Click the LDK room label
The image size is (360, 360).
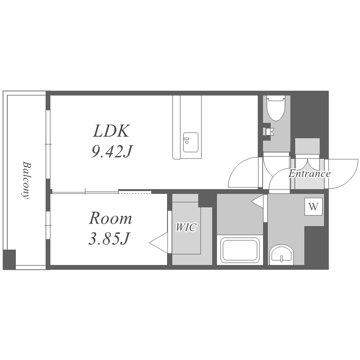pyautogui.click(x=111, y=131)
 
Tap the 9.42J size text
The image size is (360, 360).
pyautogui.click(x=111, y=151)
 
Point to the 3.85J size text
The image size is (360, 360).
pyautogui.click(x=109, y=238)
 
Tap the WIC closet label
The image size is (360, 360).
pyautogui.click(x=186, y=228)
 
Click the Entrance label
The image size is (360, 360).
pyautogui.click(x=309, y=174)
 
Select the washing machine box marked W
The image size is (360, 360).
pyautogui.click(x=313, y=206)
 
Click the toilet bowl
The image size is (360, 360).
pyautogui.click(x=276, y=108)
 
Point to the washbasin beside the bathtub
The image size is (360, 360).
pyautogui.click(x=281, y=254)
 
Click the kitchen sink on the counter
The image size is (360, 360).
pyautogui.click(x=191, y=142)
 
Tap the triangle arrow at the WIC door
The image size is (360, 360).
pyautogui.click(x=159, y=242)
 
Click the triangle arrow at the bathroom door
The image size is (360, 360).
pyautogui.click(x=257, y=202)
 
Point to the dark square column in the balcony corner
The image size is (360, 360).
pyautogui.click(x=10, y=259)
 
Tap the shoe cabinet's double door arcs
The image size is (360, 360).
pyautogui.click(x=308, y=163)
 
